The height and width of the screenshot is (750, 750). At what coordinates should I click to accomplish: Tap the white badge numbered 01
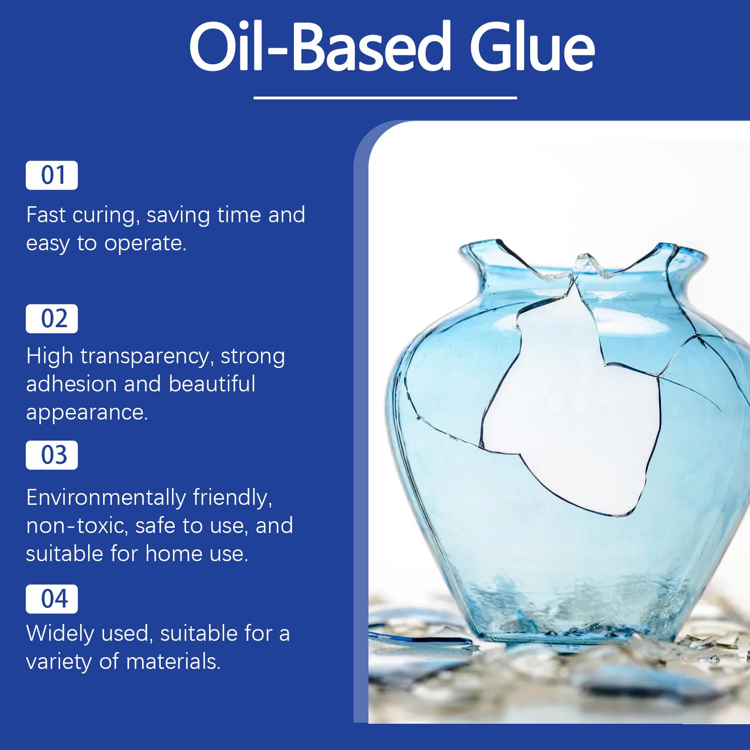click(52, 175)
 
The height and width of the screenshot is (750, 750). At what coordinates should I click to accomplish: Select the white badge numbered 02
click(52, 319)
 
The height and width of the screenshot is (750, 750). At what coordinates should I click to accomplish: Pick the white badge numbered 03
click(52, 455)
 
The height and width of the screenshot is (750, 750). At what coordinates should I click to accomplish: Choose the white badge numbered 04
click(52, 599)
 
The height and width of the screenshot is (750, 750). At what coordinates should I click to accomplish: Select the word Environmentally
click(106, 498)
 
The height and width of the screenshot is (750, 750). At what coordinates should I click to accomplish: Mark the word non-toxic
click(77, 526)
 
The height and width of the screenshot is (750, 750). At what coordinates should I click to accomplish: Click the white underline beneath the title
click(385, 98)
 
